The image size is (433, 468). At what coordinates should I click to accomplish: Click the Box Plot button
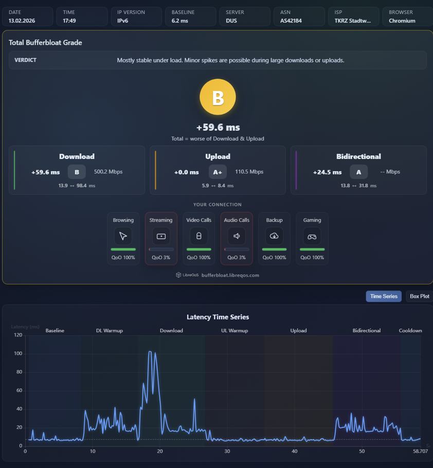click(x=419, y=296)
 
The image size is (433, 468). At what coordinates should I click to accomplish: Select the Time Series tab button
click(x=384, y=296)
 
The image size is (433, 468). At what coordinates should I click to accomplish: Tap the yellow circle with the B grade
click(x=218, y=97)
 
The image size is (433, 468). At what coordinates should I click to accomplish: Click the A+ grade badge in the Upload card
click(x=218, y=172)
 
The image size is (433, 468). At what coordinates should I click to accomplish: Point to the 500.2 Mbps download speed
click(x=109, y=172)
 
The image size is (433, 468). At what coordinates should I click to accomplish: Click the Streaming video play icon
click(x=161, y=237)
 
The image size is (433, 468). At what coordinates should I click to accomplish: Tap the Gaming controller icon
click(x=312, y=237)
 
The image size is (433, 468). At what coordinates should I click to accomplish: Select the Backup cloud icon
click(x=274, y=236)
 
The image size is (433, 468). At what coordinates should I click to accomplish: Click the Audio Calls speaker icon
click(x=237, y=236)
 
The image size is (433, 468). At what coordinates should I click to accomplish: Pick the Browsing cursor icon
click(x=123, y=236)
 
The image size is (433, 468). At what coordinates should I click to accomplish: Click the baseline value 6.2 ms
click(x=179, y=21)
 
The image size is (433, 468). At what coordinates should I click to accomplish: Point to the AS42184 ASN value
click(x=291, y=21)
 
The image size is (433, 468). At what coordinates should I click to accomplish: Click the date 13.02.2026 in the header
click(x=22, y=21)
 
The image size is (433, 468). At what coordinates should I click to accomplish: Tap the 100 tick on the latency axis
click(x=18, y=353)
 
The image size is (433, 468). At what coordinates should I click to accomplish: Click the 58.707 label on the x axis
click(x=420, y=452)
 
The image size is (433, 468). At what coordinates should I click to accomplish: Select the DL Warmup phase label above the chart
click(x=110, y=330)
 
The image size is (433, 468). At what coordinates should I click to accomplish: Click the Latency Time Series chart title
click(x=218, y=317)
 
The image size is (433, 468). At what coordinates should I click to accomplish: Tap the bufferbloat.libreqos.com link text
click(x=230, y=275)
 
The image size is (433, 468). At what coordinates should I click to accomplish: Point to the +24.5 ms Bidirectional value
click(x=328, y=172)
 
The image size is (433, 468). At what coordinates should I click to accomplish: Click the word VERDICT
click(x=25, y=60)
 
